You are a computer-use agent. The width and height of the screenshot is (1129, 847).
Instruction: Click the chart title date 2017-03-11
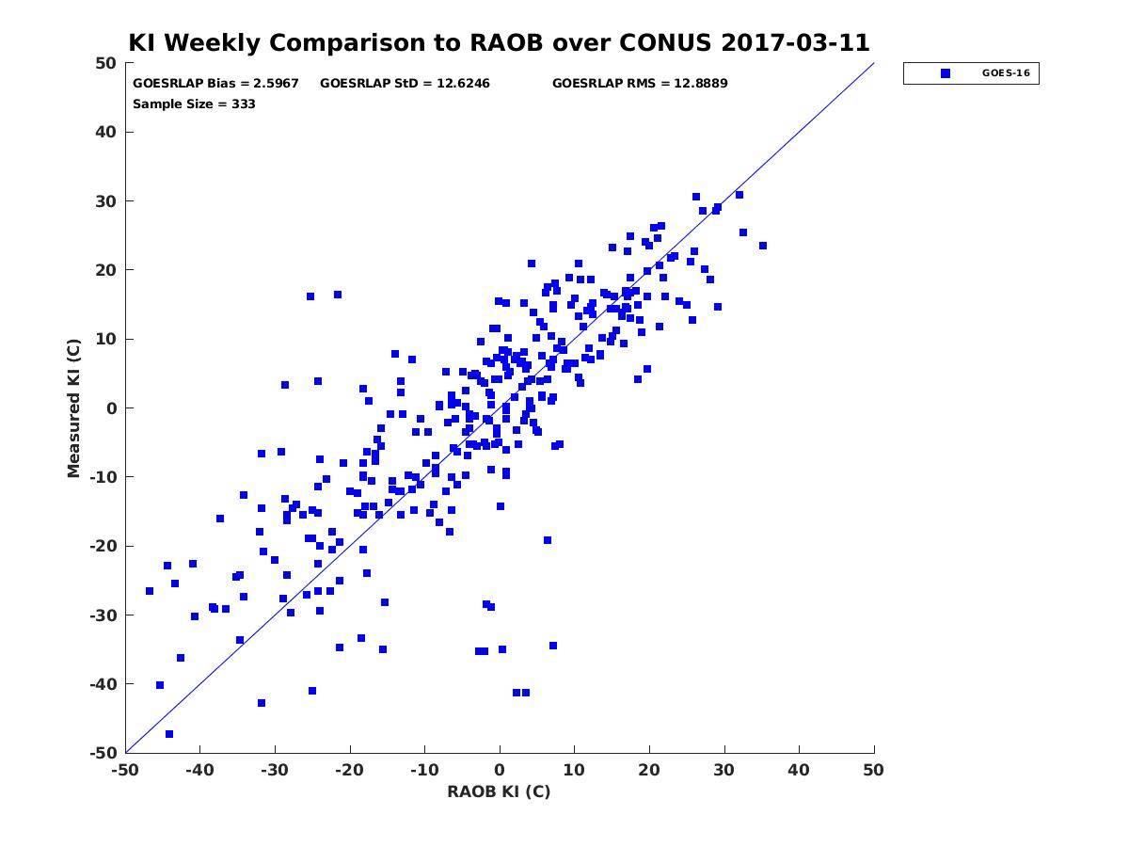click(795, 42)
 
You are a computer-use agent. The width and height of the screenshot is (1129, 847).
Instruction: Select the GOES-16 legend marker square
click(946, 73)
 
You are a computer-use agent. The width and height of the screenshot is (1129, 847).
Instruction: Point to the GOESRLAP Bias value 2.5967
click(276, 84)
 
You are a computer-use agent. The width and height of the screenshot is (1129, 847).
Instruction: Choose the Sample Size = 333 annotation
click(194, 104)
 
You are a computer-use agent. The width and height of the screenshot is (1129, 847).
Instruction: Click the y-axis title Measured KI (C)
click(73, 408)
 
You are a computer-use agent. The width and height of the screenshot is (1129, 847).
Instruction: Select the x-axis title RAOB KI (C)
click(499, 791)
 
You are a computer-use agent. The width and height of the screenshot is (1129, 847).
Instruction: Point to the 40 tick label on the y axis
click(106, 132)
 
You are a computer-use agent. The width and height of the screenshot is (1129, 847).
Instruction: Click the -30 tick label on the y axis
click(103, 615)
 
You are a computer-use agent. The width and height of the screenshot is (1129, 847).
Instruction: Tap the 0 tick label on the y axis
click(112, 408)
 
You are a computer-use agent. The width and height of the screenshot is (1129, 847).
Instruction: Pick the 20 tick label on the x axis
click(649, 770)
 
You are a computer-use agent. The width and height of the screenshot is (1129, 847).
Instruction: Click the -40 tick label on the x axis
click(199, 770)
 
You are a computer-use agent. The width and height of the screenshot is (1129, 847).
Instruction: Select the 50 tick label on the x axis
click(873, 770)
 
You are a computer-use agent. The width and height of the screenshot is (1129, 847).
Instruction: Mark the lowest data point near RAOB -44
click(169, 734)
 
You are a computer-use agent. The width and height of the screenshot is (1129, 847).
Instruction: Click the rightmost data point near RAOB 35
click(763, 246)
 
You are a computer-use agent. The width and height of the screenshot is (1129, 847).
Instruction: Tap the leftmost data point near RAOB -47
click(150, 591)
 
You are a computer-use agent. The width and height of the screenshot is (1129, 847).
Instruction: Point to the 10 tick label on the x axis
click(574, 770)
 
